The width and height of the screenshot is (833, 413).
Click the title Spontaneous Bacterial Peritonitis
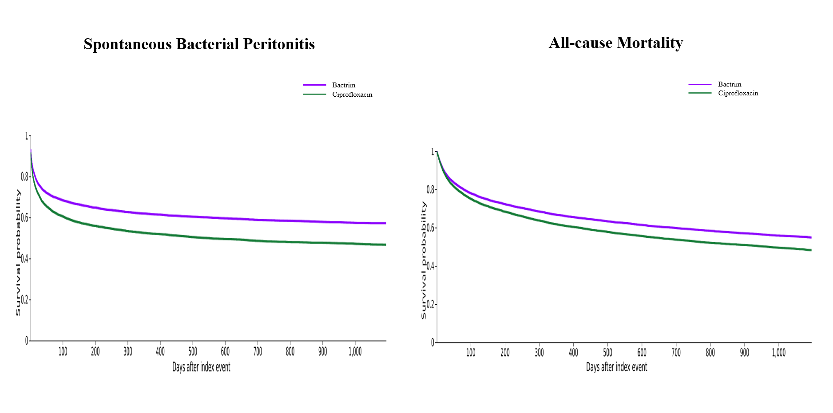(x=199, y=44)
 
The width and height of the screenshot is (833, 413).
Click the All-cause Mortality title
(x=615, y=43)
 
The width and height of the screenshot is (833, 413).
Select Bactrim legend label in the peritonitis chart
(x=344, y=85)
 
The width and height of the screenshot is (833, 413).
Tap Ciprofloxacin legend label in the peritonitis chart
(x=352, y=94)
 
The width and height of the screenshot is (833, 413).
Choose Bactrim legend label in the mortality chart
(x=730, y=84)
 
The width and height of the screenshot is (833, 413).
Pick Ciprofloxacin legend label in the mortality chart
(x=738, y=93)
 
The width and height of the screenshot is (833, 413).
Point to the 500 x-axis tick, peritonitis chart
(x=193, y=352)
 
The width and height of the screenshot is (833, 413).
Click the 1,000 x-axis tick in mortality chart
(x=778, y=353)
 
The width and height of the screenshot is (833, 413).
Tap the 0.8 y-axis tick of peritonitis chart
(x=25, y=177)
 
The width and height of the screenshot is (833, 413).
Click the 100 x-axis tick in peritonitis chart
(x=63, y=352)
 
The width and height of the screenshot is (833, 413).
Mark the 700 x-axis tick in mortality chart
(x=676, y=353)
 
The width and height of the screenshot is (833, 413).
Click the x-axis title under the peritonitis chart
(x=201, y=367)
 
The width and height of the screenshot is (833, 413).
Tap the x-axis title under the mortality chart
(x=616, y=367)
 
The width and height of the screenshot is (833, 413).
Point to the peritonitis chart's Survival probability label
(x=18, y=252)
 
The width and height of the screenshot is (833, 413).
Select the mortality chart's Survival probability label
(x=424, y=260)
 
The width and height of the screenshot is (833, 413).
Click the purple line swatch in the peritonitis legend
(x=314, y=85)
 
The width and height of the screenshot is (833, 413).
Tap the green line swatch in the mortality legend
(x=700, y=93)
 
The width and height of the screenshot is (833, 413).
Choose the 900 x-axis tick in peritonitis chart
(x=322, y=352)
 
